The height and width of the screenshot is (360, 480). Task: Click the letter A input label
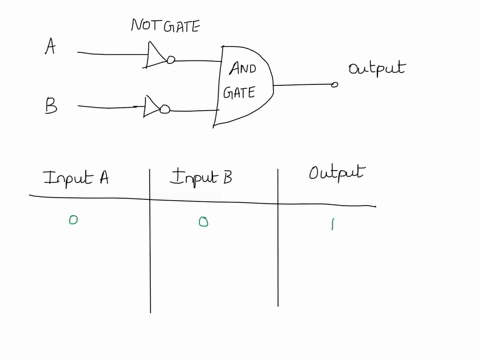coord(50,46)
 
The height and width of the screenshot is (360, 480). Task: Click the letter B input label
coord(50,106)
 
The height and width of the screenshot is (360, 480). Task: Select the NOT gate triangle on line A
coord(155,57)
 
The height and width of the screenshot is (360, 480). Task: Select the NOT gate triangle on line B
coord(152,106)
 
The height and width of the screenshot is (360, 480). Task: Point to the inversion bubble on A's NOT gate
coord(171,60)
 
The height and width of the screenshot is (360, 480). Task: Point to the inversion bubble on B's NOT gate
coord(166,109)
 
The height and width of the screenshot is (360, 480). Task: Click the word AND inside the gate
coord(243,69)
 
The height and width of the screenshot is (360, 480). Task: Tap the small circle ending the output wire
coord(335,85)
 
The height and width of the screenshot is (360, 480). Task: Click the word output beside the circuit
coord(376,69)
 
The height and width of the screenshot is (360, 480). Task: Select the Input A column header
coord(75,178)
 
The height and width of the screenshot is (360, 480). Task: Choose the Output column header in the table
coord(336,173)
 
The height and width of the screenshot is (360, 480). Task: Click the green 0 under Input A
coord(73,221)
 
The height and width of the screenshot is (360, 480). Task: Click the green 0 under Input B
coord(203,222)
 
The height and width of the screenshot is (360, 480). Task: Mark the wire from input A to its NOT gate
coord(110,52)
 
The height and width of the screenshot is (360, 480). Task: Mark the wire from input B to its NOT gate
coord(108,105)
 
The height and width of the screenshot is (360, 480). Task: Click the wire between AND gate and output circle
coord(303,85)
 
